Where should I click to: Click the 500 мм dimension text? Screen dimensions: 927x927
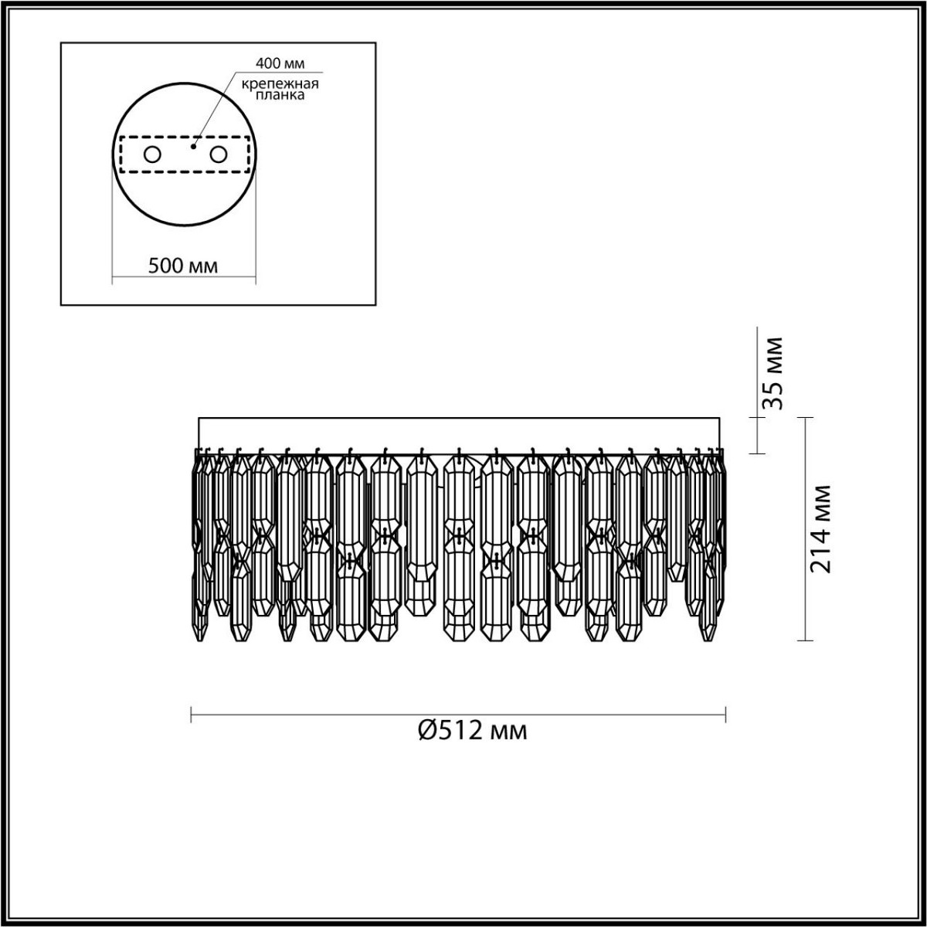pyautogui.click(x=183, y=267)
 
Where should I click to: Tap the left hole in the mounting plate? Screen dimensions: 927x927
pyautogui.click(x=152, y=154)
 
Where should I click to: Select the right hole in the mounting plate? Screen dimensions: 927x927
pyautogui.click(x=219, y=154)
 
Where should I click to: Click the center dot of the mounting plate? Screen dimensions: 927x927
pyautogui.click(x=193, y=144)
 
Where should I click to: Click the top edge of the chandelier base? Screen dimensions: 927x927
pyautogui.click(x=463, y=418)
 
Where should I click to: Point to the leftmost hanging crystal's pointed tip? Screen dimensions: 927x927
pyautogui.click(x=201, y=640)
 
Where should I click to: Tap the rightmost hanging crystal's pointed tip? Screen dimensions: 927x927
pyautogui.click(x=705, y=641)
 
